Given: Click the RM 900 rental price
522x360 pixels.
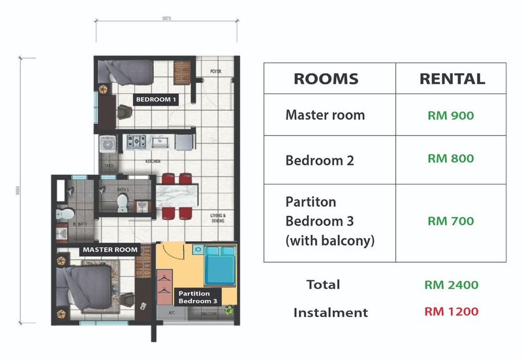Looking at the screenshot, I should click(x=450, y=115).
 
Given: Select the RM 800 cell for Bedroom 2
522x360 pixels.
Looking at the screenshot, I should click(x=450, y=158).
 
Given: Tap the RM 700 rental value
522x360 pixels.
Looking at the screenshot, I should click(x=450, y=221).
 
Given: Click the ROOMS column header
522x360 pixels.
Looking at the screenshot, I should click(x=326, y=79).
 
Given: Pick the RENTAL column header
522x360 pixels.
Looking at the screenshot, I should click(x=452, y=79).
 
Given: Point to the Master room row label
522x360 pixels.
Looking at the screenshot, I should click(x=325, y=115).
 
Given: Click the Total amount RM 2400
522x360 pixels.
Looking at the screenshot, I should click(x=452, y=285).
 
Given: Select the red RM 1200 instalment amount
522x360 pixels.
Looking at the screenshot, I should click(x=452, y=312).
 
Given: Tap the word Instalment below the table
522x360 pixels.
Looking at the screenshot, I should click(x=330, y=312).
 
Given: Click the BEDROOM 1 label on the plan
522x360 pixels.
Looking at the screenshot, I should click(x=156, y=100).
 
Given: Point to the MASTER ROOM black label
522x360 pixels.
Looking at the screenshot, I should click(x=109, y=249).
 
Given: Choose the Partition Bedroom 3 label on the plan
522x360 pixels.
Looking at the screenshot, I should click(x=199, y=297).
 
